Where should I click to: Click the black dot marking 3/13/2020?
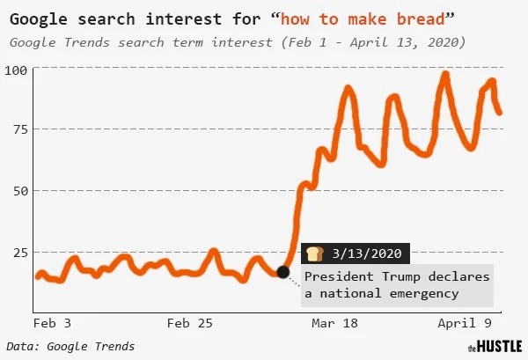pyautogui.click(x=282, y=272)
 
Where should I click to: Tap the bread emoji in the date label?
pyautogui.click(x=314, y=253)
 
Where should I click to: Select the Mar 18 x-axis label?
pyautogui.click(x=334, y=324)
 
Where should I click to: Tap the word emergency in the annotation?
pyautogui.click(x=422, y=293)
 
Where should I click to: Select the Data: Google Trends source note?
pyautogui.click(x=70, y=346)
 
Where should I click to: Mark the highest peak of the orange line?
pyautogui.click(x=445, y=76)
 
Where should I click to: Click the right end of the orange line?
pyautogui.click(x=500, y=112)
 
